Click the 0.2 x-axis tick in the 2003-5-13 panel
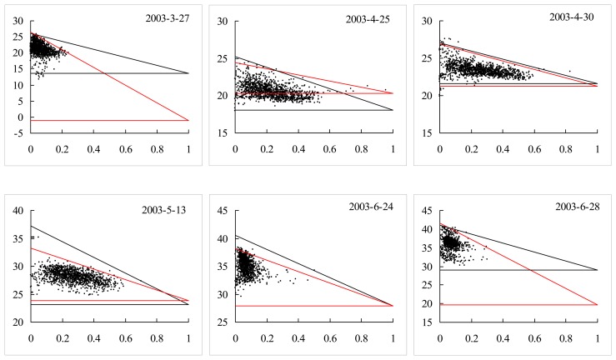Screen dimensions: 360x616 click(62, 339)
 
